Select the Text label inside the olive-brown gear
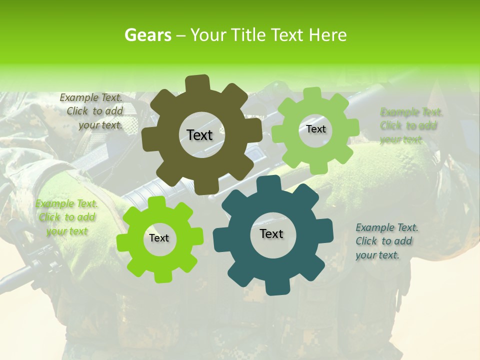(x=199, y=135)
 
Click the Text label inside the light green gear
(x=315, y=129)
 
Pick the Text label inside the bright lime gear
(x=159, y=238)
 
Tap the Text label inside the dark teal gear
(x=271, y=234)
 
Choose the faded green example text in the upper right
(x=411, y=125)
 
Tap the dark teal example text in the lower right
(x=386, y=241)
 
